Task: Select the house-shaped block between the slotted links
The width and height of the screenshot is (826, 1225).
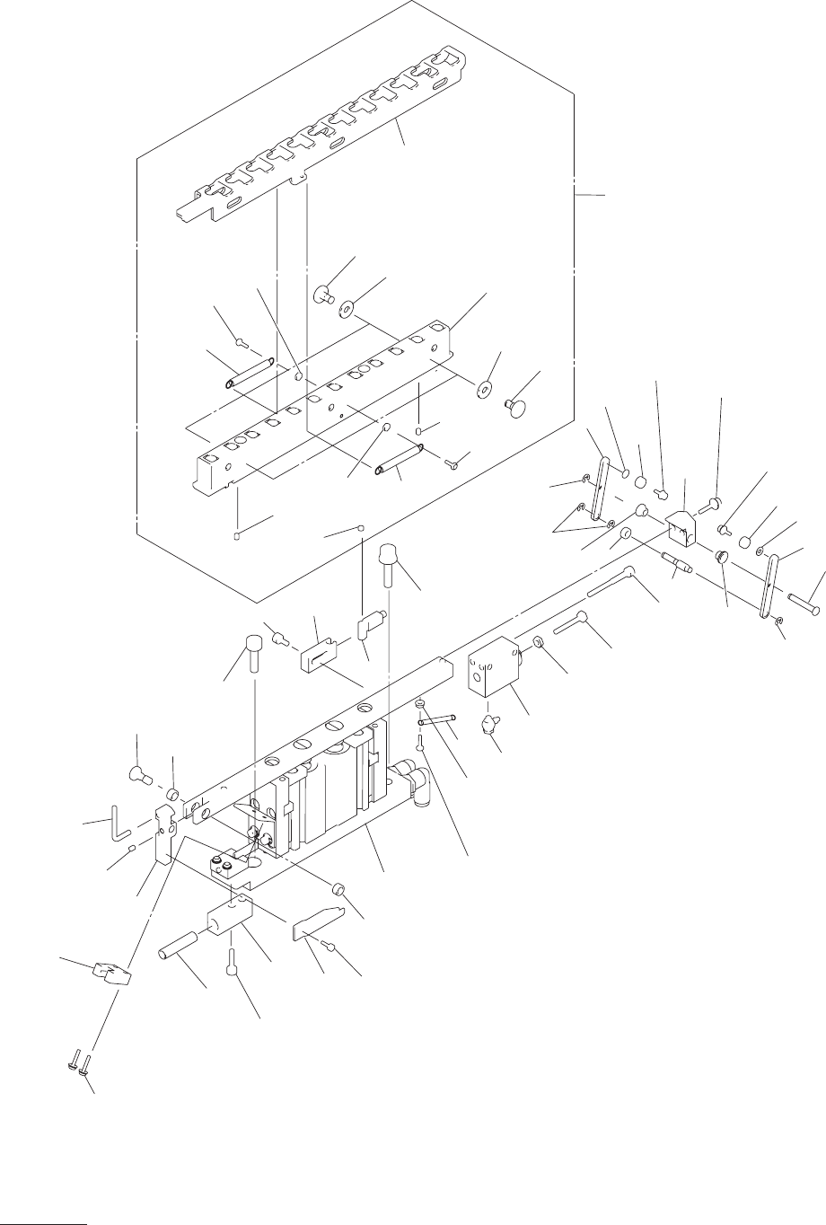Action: coord(683,525)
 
